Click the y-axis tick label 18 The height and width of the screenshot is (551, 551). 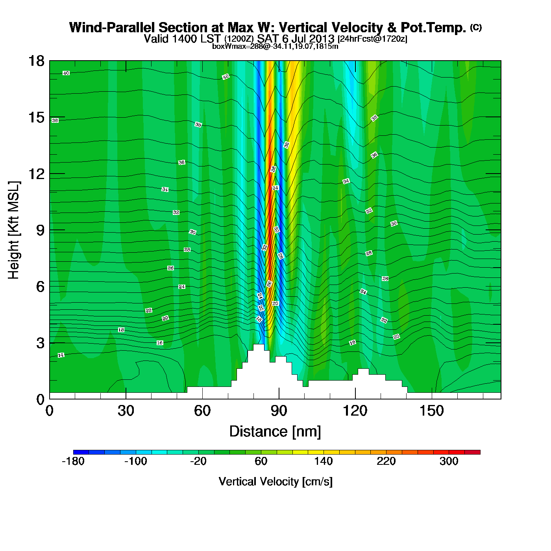click(36, 61)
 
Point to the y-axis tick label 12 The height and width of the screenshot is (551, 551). click(36, 174)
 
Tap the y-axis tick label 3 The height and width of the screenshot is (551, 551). click(40, 343)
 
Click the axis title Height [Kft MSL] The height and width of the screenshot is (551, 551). click(14, 230)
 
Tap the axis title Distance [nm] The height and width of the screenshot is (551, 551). click(275, 432)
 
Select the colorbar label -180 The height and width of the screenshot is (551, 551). click(73, 461)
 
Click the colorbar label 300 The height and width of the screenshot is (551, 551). click(449, 461)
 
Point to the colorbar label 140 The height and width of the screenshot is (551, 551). click(324, 461)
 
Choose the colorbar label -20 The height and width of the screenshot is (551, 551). click(198, 461)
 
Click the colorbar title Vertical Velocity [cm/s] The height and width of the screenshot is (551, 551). click(275, 482)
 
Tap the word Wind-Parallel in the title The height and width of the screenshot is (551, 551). click(113, 28)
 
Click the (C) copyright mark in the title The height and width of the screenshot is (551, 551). click(476, 27)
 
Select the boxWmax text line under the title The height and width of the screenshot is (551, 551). click(275, 46)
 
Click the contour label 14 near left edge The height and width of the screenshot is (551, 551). click(61, 355)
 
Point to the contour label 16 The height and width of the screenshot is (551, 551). click(160, 343)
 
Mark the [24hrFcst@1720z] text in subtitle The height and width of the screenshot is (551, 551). click(372, 39)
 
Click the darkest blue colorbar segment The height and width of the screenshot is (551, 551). click(81, 452)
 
